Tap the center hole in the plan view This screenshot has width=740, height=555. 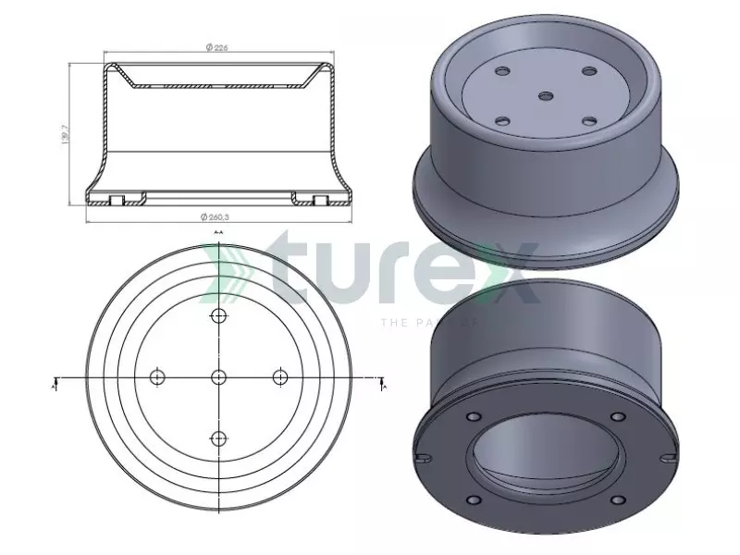tap(219, 376)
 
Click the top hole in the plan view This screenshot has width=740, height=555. tap(219, 316)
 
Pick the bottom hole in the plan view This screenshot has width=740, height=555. tap(219, 438)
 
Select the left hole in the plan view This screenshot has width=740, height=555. tap(157, 376)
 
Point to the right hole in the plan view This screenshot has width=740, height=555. tap(280, 376)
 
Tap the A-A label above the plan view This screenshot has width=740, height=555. tap(218, 232)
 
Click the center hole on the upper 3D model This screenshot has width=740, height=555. tap(546, 95)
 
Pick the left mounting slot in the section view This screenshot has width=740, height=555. tap(117, 199)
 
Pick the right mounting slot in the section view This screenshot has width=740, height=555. tap(320, 199)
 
